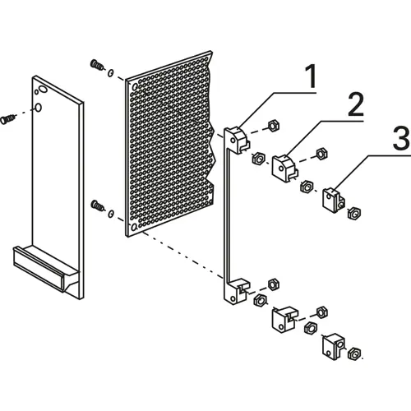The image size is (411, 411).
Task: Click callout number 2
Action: pos(356,104)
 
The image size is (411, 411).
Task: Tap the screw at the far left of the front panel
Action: pos(8,119)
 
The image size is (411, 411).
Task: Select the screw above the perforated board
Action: pos(97,65)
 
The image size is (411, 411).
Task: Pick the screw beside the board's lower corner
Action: pos(97,205)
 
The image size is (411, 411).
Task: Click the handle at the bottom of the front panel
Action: pos(46,269)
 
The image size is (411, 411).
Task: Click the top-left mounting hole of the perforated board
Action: pos(135,87)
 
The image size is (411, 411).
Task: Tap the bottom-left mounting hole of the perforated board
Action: pos(134,227)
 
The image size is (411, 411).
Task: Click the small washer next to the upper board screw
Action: pos(110,73)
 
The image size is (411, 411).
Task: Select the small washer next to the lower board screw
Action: pos(111,214)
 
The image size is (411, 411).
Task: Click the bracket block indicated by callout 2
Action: pos(284,168)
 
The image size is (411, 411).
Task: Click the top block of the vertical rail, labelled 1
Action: pos(238,139)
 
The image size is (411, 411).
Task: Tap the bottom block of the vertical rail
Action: pos(236,291)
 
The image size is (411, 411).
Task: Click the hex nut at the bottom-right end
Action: pos(353,354)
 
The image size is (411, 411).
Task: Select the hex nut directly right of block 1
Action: pos(273,126)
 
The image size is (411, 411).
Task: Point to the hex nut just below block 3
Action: pos(353,213)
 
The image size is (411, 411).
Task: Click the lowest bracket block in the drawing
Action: pos(334,346)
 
